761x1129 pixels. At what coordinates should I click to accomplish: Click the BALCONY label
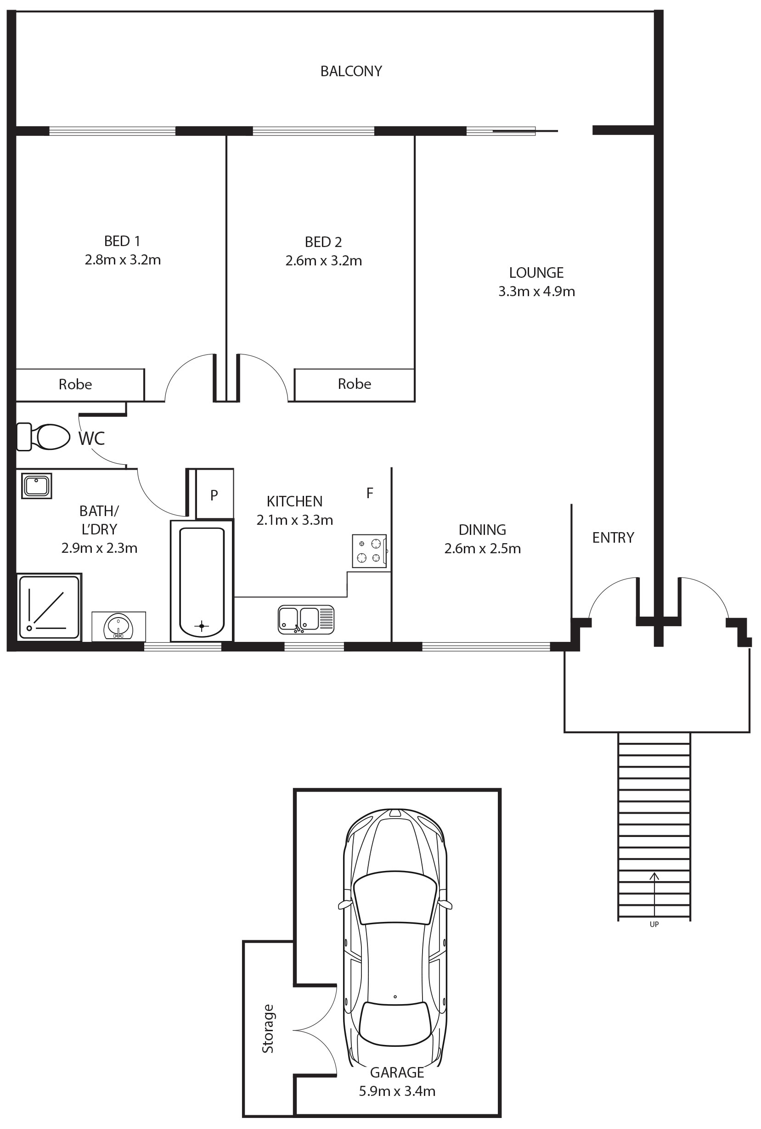click(x=351, y=71)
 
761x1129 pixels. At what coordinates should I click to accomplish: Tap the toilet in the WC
click(x=43, y=437)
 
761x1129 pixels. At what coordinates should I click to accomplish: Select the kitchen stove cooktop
click(x=369, y=550)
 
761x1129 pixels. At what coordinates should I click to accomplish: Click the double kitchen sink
click(x=306, y=619)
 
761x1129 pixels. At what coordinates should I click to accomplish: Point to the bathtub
click(x=202, y=581)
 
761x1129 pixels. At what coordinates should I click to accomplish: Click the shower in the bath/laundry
click(x=49, y=607)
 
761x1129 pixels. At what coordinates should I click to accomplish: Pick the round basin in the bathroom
click(x=118, y=626)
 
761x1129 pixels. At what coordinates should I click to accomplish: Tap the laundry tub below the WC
click(x=36, y=486)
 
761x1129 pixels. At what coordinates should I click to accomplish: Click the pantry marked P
click(x=214, y=494)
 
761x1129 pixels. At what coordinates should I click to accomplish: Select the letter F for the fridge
click(x=370, y=493)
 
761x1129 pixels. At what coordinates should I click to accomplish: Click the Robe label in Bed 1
click(x=75, y=384)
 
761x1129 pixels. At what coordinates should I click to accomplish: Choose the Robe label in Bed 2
click(x=354, y=384)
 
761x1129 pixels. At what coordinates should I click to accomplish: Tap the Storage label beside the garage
click(x=268, y=1028)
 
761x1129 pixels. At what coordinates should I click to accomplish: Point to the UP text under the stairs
click(x=654, y=924)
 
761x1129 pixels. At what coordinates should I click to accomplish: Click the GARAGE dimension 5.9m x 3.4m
click(x=397, y=1091)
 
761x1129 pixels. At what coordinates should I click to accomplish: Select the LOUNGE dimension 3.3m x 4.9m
click(x=537, y=291)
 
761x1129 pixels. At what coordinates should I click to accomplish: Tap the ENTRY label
click(x=613, y=538)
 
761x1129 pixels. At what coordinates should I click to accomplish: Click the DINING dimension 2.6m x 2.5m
click(x=482, y=548)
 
